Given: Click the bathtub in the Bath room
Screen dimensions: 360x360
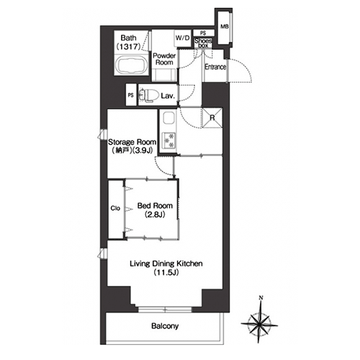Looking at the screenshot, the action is pyautogui.click(x=132, y=65).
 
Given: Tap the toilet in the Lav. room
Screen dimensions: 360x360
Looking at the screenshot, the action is pyautogui.click(x=149, y=95).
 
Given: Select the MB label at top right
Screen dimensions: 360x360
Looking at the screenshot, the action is pyautogui.click(x=225, y=27).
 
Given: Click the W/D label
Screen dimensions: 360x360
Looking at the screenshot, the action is pyautogui.click(x=183, y=38).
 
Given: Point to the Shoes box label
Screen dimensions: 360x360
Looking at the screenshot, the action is pyautogui.click(x=203, y=43).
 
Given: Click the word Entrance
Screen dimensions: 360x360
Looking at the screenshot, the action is pyautogui.click(x=215, y=67).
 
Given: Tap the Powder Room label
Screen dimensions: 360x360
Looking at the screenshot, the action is pyautogui.click(x=164, y=59).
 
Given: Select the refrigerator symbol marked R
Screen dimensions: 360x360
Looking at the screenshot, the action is pyautogui.click(x=212, y=118).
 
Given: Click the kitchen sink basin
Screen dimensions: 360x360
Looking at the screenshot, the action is pyautogui.click(x=169, y=118).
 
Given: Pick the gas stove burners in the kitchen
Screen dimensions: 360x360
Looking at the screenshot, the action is pyautogui.click(x=169, y=140).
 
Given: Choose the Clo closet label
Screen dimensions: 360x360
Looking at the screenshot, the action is pyautogui.click(x=115, y=208).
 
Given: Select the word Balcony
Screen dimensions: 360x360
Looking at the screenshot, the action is pyautogui.click(x=165, y=326).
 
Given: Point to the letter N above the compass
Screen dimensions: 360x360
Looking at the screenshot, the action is pyautogui.click(x=261, y=298).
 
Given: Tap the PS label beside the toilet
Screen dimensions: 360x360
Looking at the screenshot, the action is pyautogui.click(x=130, y=95).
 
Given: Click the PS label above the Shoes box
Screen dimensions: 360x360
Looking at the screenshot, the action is pyautogui.click(x=203, y=33).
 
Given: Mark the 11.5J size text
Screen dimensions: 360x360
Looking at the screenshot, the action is pyautogui.click(x=166, y=272).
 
